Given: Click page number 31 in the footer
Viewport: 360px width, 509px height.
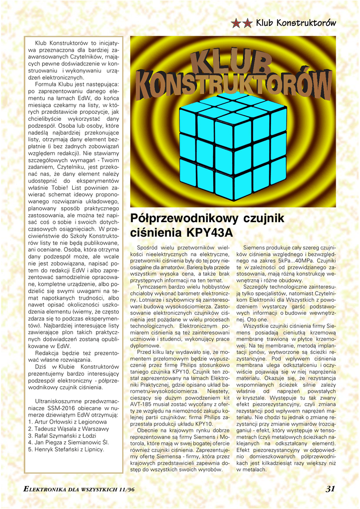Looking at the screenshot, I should coord(330,489).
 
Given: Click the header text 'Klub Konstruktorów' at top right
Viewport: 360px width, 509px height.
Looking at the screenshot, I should coord(295,23).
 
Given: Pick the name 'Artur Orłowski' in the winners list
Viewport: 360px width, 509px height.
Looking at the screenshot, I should coord(54,421).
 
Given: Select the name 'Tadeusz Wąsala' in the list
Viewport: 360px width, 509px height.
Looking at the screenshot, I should coord(56,428).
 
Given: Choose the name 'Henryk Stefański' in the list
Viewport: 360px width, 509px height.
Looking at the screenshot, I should coord(58,449).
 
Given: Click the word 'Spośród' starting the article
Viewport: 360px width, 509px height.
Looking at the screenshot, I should coord(148,248).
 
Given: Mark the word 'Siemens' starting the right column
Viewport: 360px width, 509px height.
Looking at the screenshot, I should coord(254,248).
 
